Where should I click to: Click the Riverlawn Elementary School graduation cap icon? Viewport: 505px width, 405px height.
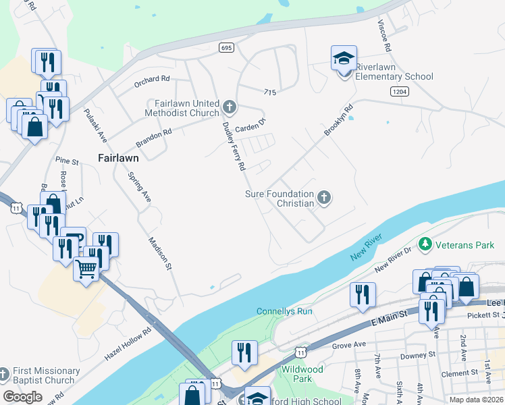click(344, 59)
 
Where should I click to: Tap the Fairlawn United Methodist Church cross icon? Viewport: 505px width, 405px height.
click(230, 107)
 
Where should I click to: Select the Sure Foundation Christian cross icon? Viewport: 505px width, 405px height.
click(324, 197)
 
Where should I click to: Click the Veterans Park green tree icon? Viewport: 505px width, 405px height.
click(425, 244)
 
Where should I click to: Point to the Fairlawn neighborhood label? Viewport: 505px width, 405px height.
click(118, 158)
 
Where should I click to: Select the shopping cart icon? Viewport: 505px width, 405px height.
click(86, 269)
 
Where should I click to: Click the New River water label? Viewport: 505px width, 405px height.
click(366, 248)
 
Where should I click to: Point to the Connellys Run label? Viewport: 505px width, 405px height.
click(284, 311)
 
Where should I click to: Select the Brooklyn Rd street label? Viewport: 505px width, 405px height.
click(338, 120)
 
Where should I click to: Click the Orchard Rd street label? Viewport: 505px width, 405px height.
click(151, 78)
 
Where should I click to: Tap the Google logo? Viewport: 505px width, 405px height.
click(22, 396)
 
